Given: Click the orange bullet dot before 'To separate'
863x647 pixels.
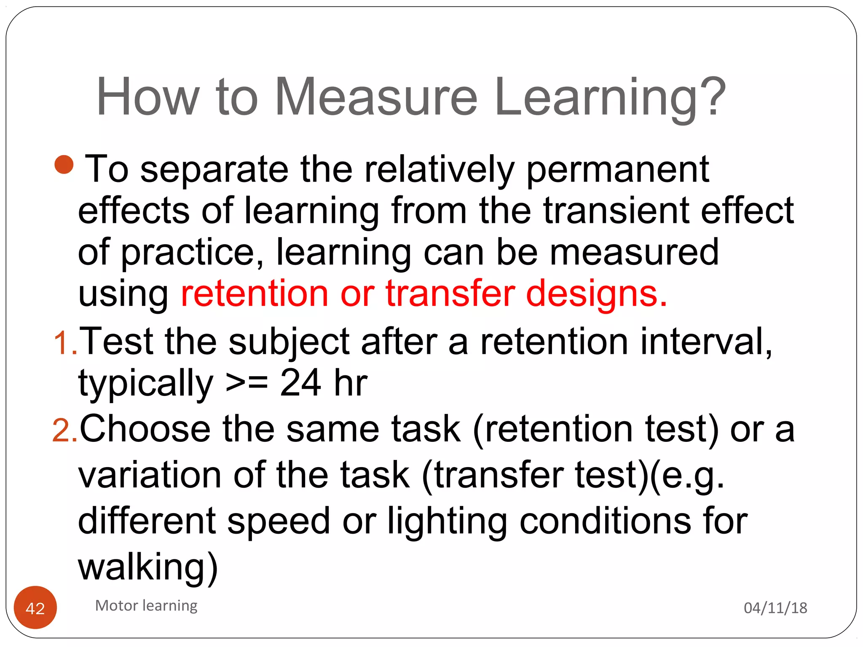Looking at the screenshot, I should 64,165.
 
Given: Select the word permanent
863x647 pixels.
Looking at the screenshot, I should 618,170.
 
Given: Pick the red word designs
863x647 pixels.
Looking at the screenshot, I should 596,293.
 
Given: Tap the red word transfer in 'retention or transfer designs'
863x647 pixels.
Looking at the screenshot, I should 450,293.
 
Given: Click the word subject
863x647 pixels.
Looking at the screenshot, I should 289,342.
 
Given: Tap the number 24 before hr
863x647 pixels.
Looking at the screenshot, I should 300,383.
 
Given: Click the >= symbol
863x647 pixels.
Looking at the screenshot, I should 247,383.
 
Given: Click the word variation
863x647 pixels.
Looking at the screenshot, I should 150,475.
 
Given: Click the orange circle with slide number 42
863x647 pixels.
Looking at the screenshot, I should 35,608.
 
